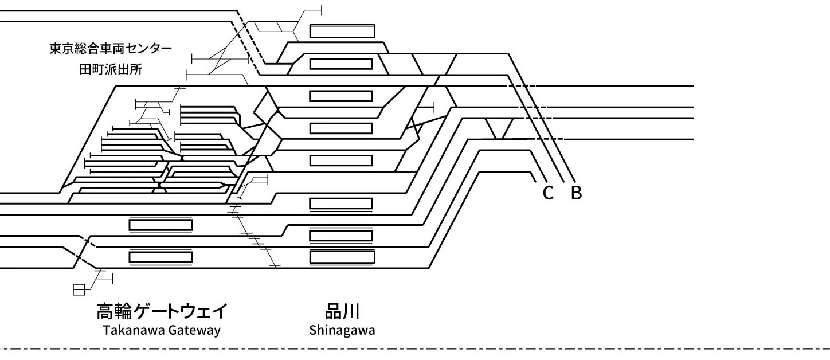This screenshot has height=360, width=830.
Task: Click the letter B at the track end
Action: coord(576,193)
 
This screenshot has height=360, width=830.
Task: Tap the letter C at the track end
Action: coord(547,193)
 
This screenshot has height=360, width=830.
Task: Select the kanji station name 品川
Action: coord(342,311)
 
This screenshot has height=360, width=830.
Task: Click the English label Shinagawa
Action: coord(342,330)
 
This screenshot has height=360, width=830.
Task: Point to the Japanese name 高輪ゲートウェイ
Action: coord(162,311)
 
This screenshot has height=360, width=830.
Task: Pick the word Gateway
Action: coord(194,330)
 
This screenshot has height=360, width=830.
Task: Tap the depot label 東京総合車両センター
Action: coord(111,49)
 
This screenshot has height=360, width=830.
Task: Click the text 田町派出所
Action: coord(111,69)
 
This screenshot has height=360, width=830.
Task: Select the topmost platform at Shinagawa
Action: coord(342,31)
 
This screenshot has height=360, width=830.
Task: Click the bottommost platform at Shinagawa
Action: coord(342,257)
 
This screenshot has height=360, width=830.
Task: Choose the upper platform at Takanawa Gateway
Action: coord(160,225)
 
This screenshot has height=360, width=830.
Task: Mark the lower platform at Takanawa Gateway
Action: coord(160,257)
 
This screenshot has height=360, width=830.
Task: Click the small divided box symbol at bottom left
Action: coord(79,289)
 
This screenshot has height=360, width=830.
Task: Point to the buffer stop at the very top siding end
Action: coord(321,10)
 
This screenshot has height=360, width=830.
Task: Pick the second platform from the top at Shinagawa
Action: coord(341,64)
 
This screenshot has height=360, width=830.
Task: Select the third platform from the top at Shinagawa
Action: coord(341,96)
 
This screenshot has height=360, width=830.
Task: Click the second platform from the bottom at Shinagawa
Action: coord(341,236)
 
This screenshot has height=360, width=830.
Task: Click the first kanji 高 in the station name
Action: coord(105,311)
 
